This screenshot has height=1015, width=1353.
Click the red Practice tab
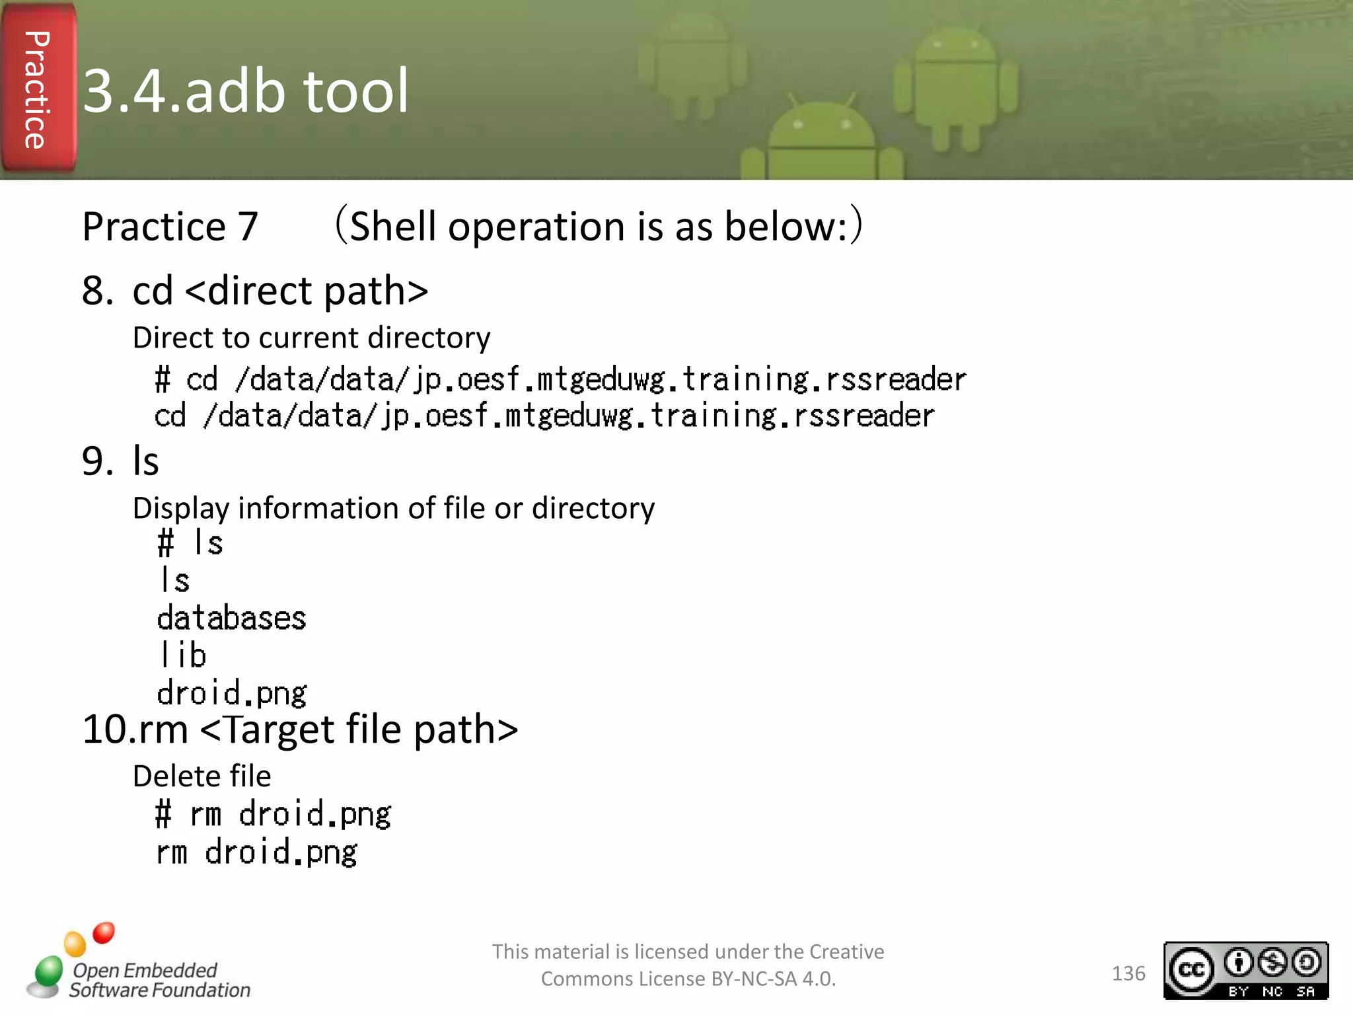[x=38, y=89]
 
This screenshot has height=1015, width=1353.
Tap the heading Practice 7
[x=170, y=227]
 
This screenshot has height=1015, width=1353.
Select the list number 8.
[x=96, y=291]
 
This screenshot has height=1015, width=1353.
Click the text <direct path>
[x=307, y=291]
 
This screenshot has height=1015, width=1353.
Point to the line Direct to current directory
[x=311, y=338]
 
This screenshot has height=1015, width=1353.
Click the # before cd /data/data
[x=163, y=380]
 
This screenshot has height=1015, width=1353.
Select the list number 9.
[x=96, y=461]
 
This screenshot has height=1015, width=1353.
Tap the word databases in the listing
[x=231, y=619]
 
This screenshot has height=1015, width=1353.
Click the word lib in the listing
[x=183, y=656]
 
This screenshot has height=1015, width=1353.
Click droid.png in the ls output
[x=231, y=693]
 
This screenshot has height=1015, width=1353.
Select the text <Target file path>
[x=359, y=730]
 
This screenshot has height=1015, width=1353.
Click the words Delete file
[x=201, y=776]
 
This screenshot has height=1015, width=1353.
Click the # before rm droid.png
[x=163, y=814]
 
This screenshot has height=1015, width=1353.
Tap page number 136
[x=1128, y=973]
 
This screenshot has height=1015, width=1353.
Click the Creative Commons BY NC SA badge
[x=1245, y=970]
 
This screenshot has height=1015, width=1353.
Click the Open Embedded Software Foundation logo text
[x=159, y=980]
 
